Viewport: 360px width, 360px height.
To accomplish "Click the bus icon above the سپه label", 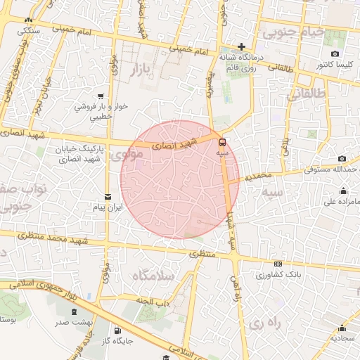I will coord(223,141).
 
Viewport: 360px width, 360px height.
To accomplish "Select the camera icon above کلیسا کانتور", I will coord(335,54).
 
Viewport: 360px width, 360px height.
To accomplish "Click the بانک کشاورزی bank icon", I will coord(278,264).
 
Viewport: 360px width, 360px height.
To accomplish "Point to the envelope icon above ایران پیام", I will coord(108,197).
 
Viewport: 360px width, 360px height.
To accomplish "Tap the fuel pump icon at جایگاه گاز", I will coord(117,330).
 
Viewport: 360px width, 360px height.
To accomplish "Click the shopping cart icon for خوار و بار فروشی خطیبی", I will coord(103,96).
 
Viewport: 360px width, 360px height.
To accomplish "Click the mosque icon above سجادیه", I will coord(342,328).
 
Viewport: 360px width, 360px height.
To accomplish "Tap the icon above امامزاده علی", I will coord(343,191).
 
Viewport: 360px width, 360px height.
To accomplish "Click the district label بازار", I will coord(142,69).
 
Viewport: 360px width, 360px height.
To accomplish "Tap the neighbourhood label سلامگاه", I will coord(151,276).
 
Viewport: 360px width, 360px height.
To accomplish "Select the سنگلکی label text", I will coord(28,31).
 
